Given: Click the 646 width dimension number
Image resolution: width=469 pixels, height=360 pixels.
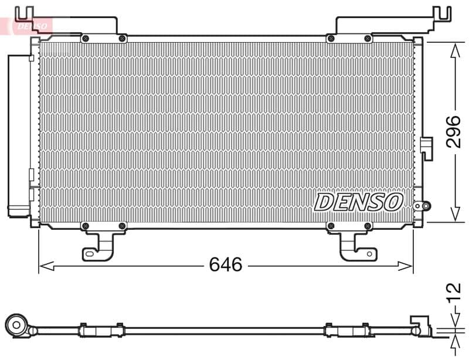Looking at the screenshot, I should (225, 265).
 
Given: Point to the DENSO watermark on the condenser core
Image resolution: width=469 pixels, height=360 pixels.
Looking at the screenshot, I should (359, 202).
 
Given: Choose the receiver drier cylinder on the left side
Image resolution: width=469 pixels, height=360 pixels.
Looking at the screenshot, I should (18, 135).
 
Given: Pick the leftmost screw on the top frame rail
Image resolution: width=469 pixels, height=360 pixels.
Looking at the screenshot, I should (86, 39).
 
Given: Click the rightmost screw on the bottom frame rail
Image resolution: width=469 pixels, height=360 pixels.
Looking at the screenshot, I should (368, 226).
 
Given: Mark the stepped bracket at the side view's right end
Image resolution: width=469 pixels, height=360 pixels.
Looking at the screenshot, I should (421, 325).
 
